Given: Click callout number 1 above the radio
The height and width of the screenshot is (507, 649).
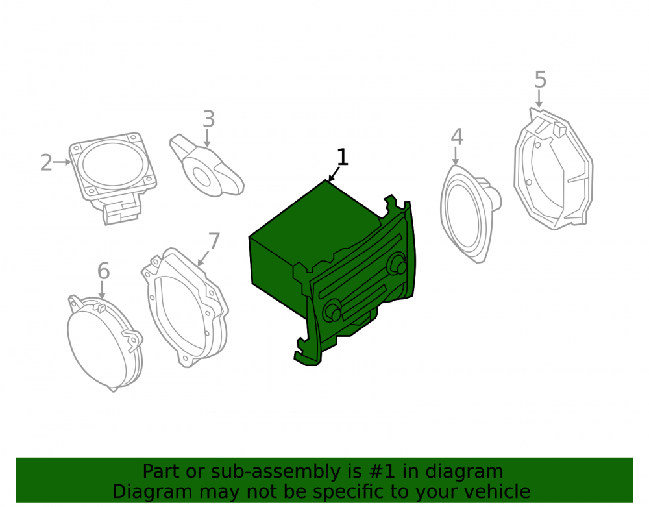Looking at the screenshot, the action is [342, 157].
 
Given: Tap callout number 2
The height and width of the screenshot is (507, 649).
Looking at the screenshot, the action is [46, 162].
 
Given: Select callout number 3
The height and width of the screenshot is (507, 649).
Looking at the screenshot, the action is [208, 119].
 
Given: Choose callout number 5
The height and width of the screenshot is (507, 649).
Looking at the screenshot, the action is [540, 79].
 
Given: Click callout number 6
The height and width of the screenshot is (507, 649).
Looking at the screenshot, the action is [103, 271].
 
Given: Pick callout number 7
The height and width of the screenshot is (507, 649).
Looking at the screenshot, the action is [214, 241].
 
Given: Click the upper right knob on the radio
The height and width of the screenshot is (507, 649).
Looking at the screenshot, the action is [398, 263].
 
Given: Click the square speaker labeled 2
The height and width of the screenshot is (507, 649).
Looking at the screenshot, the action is [112, 178].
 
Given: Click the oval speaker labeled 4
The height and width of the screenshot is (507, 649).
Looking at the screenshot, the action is [469, 214].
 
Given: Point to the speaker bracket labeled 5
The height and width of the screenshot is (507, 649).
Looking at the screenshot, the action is [554, 169].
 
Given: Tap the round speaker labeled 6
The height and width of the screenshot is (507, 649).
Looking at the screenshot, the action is [104, 343].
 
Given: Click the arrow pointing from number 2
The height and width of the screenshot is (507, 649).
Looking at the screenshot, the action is [62, 162].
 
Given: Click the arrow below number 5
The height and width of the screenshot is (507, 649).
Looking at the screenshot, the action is [539, 99].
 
